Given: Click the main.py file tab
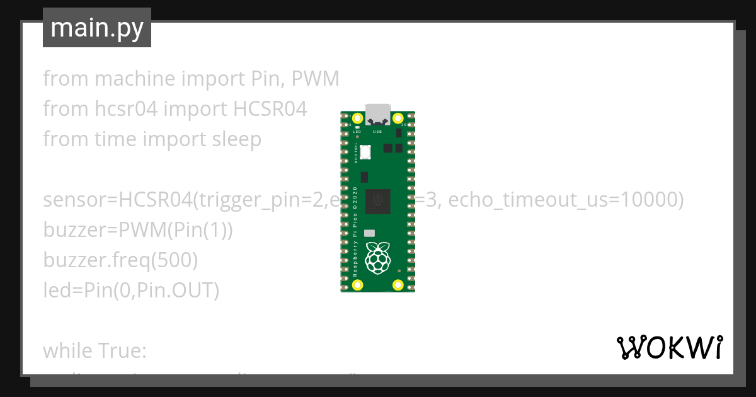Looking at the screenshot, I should pyautogui.click(x=97, y=28).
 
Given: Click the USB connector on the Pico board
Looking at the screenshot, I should pyautogui.click(x=378, y=114).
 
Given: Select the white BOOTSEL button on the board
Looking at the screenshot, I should pyautogui.click(x=365, y=151).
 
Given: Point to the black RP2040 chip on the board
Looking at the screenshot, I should pyautogui.click(x=378, y=200).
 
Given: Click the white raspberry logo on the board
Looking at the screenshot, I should pyautogui.click(x=378, y=258).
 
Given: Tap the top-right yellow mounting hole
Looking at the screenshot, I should pyautogui.click(x=398, y=118).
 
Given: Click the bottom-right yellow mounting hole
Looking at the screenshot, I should pyautogui.click(x=398, y=285).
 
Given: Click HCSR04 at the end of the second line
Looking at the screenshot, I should pyautogui.click(x=270, y=109).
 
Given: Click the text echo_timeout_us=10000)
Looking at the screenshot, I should pyautogui.click(x=566, y=200).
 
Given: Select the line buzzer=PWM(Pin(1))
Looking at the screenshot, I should pyautogui.click(x=138, y=230).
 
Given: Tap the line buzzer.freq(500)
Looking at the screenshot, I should pyautogui.click(x=120, y=260).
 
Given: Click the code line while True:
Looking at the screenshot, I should pyautogui.click(x=94, y=350).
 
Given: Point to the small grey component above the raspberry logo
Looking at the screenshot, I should pyautogui.click(x=370, y=233).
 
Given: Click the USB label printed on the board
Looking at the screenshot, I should pyautogui.click(x=378, y=132).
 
